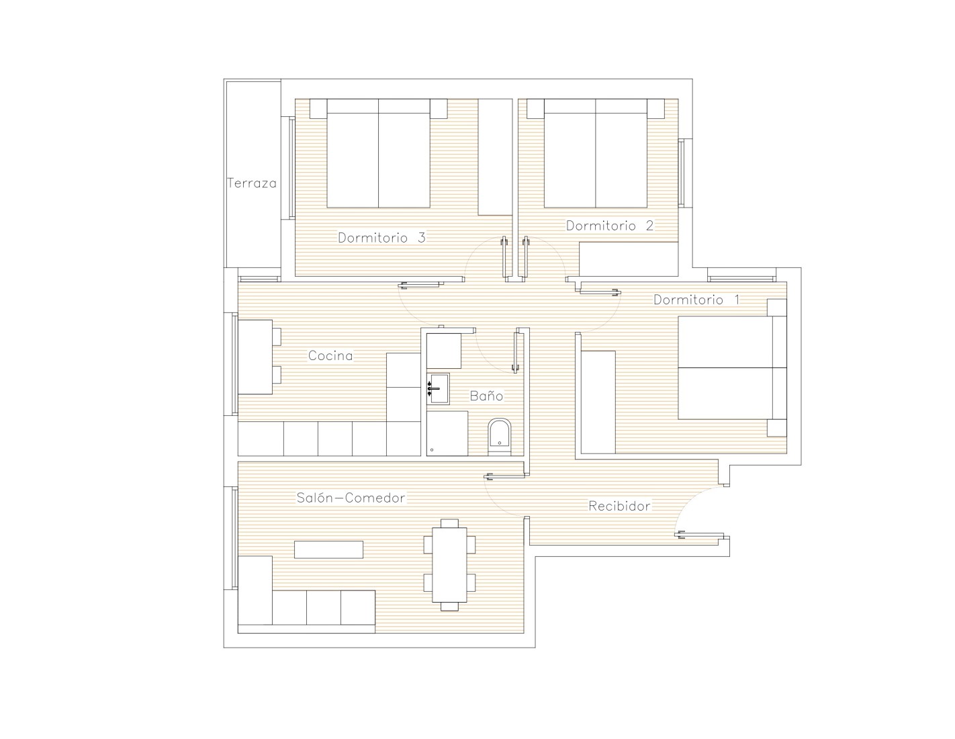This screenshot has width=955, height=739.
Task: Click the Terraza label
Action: [252, 183]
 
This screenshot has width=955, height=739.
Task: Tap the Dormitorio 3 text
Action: [381, 237]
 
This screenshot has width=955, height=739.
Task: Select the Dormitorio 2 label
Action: [610, 226]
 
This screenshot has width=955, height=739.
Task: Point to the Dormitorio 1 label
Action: [696, 300]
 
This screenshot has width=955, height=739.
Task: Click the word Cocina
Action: [330, 355]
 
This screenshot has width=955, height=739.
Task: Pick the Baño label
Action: [486, 396]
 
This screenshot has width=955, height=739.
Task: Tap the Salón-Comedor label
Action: [351, 498]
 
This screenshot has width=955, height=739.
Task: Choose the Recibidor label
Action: [619, 506]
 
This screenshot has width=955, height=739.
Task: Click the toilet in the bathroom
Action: [500, 437]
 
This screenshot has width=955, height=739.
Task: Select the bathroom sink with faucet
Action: [438, 388]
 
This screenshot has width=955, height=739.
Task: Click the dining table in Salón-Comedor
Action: [449, 565]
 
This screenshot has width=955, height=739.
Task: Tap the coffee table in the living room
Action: [328, 550]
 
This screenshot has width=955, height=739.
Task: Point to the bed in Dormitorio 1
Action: [732, 367]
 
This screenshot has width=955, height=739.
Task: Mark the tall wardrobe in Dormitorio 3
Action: [496, 157]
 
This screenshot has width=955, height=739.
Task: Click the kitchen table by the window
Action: [255, 357]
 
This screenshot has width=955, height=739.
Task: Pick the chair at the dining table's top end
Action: [449, 523]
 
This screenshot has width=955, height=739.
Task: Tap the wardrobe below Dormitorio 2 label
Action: [629, 259]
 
